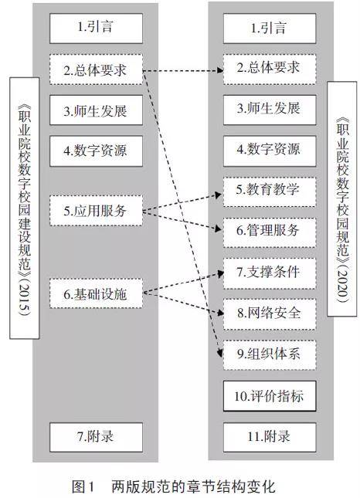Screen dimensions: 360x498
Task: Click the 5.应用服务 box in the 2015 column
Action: [96, 211]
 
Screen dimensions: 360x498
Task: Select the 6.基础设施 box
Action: [96, 293]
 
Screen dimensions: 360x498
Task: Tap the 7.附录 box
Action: [96, 437]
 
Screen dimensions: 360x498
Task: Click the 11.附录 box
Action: [270, 437]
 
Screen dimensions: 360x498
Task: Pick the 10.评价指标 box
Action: [270, 396]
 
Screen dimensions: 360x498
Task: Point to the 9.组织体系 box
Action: [270, 354]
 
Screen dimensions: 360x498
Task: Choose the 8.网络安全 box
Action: [270, 313]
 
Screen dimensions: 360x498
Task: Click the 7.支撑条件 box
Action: [270, 273]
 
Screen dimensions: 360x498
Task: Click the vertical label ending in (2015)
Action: [25, 208]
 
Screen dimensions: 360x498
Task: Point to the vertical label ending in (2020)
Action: [342, 198]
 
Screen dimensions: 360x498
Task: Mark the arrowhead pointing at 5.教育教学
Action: [219, 195]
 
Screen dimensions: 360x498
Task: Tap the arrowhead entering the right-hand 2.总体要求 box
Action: [220, 70]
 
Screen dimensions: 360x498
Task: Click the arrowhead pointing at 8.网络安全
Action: [220, 313]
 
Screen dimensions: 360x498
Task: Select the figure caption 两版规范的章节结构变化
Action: [193, 486]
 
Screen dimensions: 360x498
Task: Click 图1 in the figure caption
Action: [83, 486]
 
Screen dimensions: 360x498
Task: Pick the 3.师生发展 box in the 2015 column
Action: [96, 110]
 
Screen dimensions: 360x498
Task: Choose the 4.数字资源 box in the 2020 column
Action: [270, 151]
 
